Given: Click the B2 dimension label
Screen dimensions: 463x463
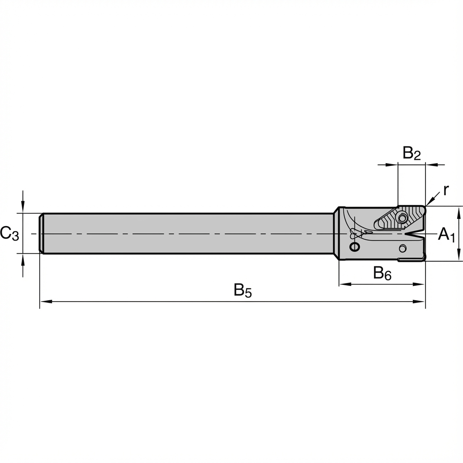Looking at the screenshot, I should (411, 154).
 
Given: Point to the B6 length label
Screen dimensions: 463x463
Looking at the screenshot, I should (382, 274).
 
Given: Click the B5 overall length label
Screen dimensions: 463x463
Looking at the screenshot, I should (242, 291).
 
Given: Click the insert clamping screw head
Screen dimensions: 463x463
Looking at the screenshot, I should (402, 218).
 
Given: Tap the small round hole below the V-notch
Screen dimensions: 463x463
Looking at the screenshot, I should (402, 248).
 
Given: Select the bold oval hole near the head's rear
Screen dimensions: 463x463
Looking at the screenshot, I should (355, 247).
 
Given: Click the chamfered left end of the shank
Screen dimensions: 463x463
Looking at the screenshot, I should (41, 233).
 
